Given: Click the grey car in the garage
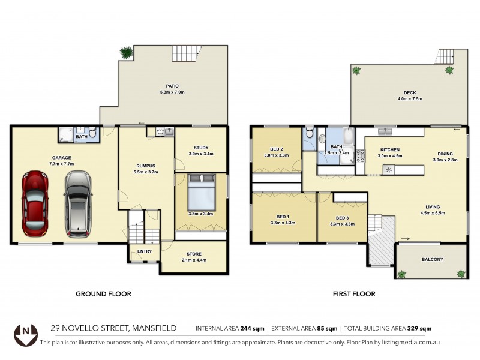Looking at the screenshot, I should click(77, 203).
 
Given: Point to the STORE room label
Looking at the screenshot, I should click(193, 253).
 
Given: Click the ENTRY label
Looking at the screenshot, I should click(145, 251).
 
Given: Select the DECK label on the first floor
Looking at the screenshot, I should click(410, 92).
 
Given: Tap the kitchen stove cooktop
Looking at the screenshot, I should click(361, 156).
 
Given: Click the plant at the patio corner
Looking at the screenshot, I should click(127, 53).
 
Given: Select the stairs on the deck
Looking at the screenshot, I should click(446, 56).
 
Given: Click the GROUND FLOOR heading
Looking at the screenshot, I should click(103, 294).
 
